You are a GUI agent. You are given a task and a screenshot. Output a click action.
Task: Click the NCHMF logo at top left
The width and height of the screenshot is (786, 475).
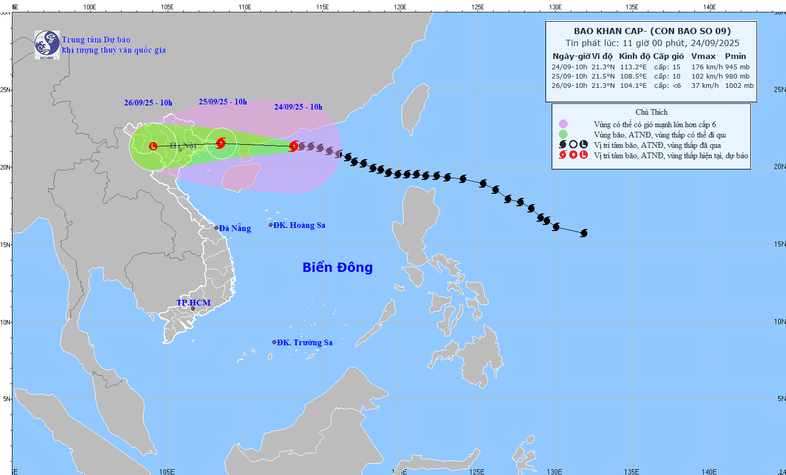point(47,45)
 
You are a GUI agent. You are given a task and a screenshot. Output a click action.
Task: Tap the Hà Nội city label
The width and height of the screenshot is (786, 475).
point(183,146)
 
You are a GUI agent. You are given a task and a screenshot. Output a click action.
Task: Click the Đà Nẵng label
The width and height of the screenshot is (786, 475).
point(234,228)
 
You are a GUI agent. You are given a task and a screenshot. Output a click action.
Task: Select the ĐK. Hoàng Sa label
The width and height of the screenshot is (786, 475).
point(299,225)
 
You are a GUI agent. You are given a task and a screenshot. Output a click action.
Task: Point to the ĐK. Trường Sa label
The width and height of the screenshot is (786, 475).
point(304,343)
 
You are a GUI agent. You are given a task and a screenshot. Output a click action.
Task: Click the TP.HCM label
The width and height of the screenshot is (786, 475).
point(194,303)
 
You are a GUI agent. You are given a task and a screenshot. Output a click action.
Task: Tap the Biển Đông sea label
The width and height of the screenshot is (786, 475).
point(337,267)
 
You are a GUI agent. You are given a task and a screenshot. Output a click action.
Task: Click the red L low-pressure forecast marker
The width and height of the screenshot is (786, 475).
point(153,146)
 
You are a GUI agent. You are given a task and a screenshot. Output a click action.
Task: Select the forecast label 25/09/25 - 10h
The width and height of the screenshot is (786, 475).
point(223,102)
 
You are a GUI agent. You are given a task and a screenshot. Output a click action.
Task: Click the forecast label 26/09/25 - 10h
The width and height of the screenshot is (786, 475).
point(148,103)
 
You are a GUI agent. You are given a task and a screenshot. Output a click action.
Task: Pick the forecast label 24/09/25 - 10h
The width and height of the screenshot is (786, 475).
point(298,107)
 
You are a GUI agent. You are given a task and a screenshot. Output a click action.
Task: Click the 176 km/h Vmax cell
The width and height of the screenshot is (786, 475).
point(707,67)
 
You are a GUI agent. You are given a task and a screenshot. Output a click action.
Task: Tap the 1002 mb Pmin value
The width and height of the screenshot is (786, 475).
point(739,86)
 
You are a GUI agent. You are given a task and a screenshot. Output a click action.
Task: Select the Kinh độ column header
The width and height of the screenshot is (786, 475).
point(634,56)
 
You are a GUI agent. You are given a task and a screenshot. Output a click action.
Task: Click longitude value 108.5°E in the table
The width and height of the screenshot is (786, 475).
point(633,76)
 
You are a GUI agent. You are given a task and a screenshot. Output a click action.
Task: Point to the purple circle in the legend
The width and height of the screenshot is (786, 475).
point(563,124)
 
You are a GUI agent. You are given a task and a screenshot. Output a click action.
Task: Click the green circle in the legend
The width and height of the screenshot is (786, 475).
point(563,134)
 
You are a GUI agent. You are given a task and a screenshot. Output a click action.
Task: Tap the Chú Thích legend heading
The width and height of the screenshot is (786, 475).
point(651,112)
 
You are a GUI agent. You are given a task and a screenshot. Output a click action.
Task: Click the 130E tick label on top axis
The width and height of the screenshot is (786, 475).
point(555,7)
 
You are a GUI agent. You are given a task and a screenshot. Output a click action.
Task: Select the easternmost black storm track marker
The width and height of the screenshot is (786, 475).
point(584,233)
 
